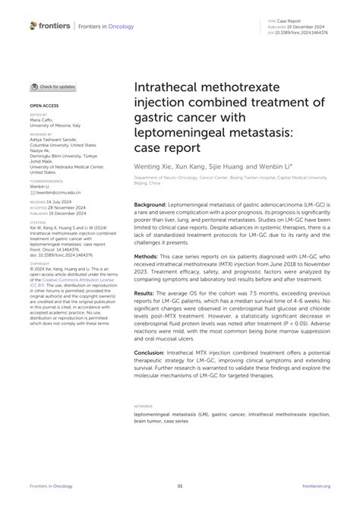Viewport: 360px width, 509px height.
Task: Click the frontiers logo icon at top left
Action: click(x=33, y=25)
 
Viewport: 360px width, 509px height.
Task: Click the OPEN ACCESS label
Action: click(x=43, y=106)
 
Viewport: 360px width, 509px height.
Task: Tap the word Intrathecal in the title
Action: click(x=169, y=90)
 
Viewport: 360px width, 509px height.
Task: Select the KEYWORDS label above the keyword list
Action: click(x=143, y=406)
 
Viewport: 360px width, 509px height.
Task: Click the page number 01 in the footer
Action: click(x=180, y=485)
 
